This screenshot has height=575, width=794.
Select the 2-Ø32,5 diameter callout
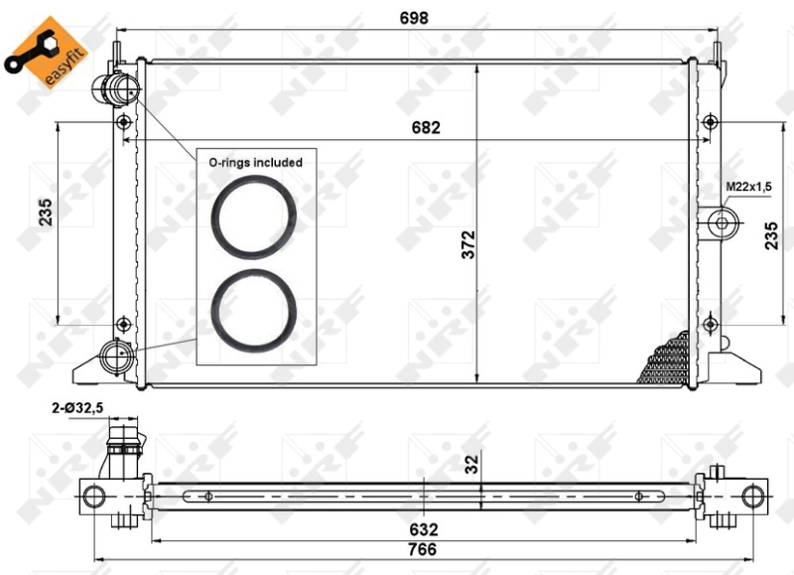click(x=78, y=407)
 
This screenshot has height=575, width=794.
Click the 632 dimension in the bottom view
click(x=424, y=529)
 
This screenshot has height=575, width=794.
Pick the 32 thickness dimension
click(x=472, y=462)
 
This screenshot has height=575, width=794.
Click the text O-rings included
click(x=254, y=161)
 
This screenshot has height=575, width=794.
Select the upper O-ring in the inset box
click(x=254, y=215)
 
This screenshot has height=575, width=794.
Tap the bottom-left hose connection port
click(x=115, y=355)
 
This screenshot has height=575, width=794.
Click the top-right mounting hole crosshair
click(x=709, y=121)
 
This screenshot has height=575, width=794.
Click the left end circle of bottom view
click(x=93, y=495)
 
